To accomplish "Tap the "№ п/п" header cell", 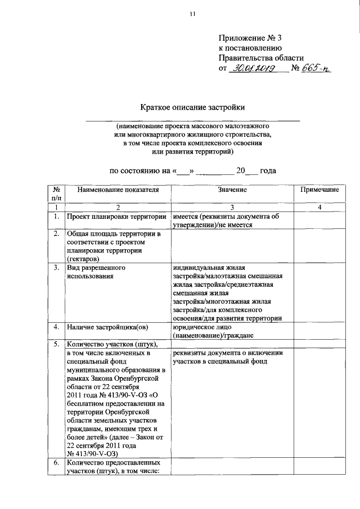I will pyautogui.click(x=56, y=195).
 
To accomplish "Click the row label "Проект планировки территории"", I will pyautogui.click(x=116, y=217).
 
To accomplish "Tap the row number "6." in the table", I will pyautogui.click(x=56, y=463).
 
